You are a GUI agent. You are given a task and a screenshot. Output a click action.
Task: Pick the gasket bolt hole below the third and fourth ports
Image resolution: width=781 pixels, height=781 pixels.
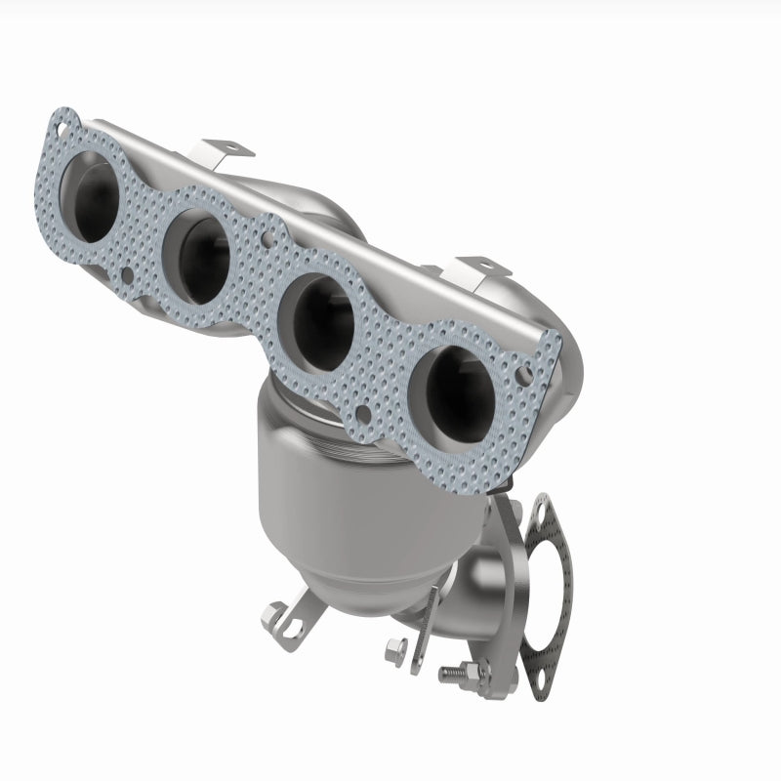362,413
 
